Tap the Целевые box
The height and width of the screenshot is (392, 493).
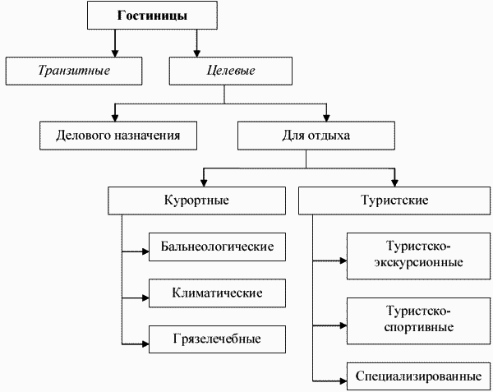tap(229, 71)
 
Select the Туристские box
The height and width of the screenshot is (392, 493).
tap(394, 201)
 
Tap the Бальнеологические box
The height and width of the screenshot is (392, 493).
tap(218, 247)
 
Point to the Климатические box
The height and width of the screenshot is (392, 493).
tap(218, 293)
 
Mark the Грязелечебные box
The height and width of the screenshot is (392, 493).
tap(218, 339)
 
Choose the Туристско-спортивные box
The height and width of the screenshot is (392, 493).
tap(419, 319)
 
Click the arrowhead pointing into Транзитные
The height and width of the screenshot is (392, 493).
tap(115, 51)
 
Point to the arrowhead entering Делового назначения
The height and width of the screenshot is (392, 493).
tap(115, 116)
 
